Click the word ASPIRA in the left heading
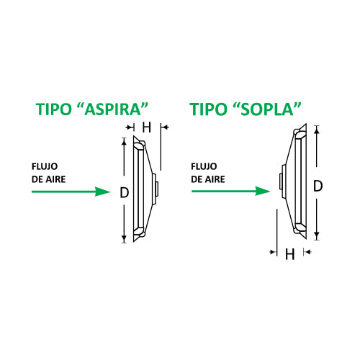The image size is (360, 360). pyautogui.click(x=112, y=109)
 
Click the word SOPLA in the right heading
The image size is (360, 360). pyautogui.click(x=266, y=109)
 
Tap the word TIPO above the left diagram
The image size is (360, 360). pyautogui.click(x=54, y=109)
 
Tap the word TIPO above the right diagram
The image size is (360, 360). pyautogui.click(x=208, y=109)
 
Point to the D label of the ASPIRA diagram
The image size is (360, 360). pyautogui.click(x=125, y=192)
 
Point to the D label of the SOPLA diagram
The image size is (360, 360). pyautogui.click(x=318, y=186)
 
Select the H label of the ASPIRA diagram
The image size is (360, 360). pyautogui.click(x=146, y=127)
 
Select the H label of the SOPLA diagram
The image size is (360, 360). pyautogui.click(x=289, y=254)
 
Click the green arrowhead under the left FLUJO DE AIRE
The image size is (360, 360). pyautogui.click(x=102, y=192)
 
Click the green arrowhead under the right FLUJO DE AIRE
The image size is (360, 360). pyautogui.click(x=263, y=191)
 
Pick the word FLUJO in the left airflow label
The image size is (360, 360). pyautogui.click(x=45, y=166)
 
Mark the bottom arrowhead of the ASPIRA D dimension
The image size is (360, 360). pyautogui.click(x=124, y=239)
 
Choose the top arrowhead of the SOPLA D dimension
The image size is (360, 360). pyautogui.click(x=317, y=129)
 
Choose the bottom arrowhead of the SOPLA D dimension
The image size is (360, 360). pyautogui.click(x=317, y=235)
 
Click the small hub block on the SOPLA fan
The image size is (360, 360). pyautogui.click(x=281, y=181)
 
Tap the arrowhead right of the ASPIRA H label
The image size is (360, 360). pyautogui.click(x=165, y=127)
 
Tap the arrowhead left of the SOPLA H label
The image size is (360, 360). pyautogui.click(x=273, y=252)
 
